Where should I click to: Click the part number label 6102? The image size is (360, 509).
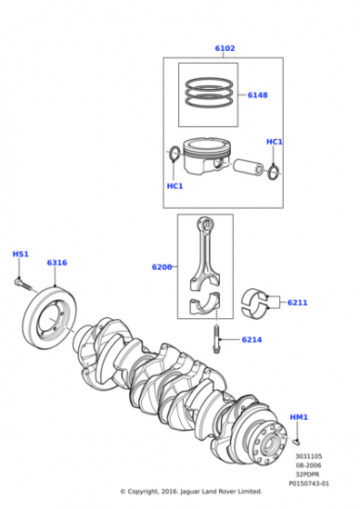[225, 48]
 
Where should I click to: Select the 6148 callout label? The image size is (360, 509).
[257, 95]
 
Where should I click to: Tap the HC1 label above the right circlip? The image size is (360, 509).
[274, 142]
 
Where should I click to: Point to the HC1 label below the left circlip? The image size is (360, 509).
[175, 186]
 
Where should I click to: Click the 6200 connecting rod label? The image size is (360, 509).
[162, 267]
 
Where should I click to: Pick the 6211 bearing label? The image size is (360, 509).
[297, 303]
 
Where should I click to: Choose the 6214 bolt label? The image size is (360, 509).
[252, 340]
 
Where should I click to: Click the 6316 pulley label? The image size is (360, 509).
[56, 263]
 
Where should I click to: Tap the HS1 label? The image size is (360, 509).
[20, 254]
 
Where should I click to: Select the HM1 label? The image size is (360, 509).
[299, 417]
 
